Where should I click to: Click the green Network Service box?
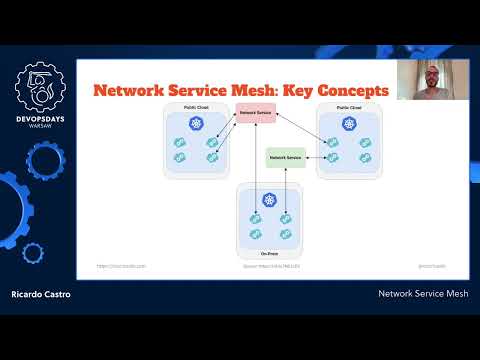click(x=285, y=158)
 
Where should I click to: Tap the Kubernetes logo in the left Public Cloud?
click(x=198, y=125)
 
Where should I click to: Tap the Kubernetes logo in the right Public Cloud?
click(x=349, y=125)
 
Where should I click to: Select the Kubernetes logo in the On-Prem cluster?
click(x=270, y=201)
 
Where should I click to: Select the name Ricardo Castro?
click(x=42, y=295)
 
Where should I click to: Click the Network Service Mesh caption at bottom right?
click(x=423, y=295)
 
